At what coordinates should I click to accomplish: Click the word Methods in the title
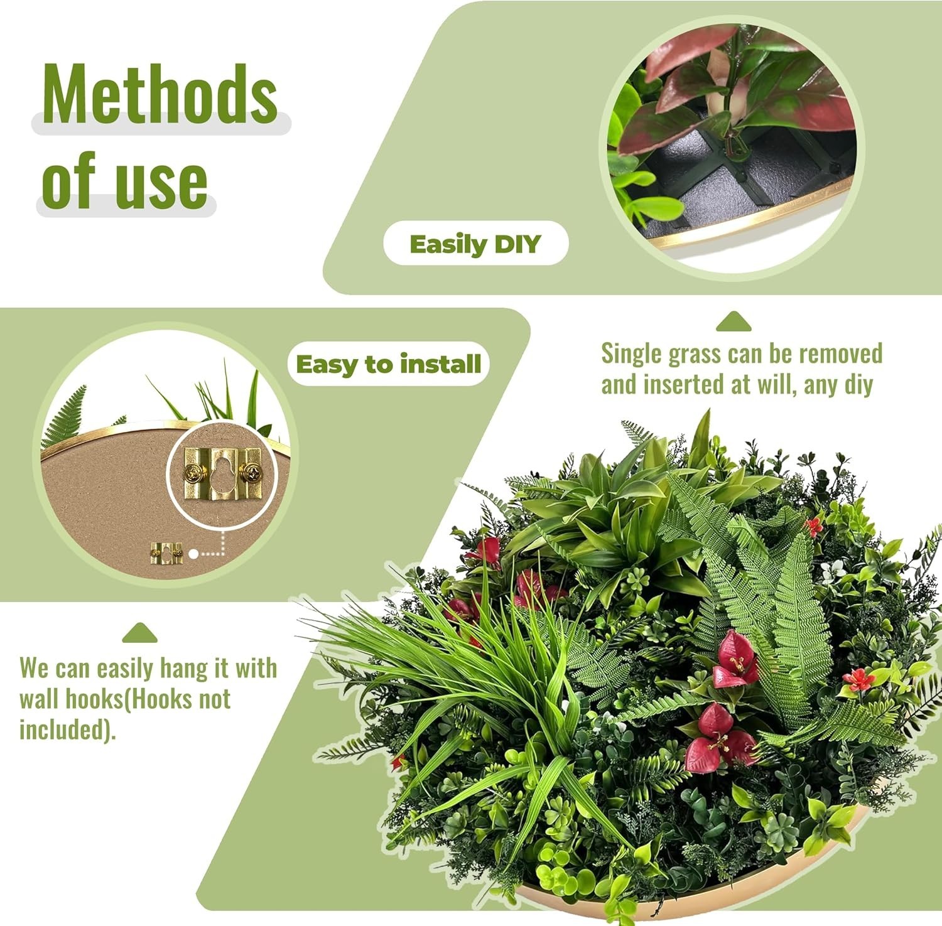(160, 94)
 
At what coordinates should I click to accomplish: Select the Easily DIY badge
(475, 244)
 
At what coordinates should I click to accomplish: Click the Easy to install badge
(388, 364)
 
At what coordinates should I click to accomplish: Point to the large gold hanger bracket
(222, 473)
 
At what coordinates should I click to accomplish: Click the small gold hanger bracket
(166, 552)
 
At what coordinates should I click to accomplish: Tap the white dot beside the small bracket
(194, 554)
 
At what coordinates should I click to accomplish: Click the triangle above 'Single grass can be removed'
(734, 321)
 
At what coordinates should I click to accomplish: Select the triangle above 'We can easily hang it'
(140, 633)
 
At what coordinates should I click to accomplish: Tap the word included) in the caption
(68, 729)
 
